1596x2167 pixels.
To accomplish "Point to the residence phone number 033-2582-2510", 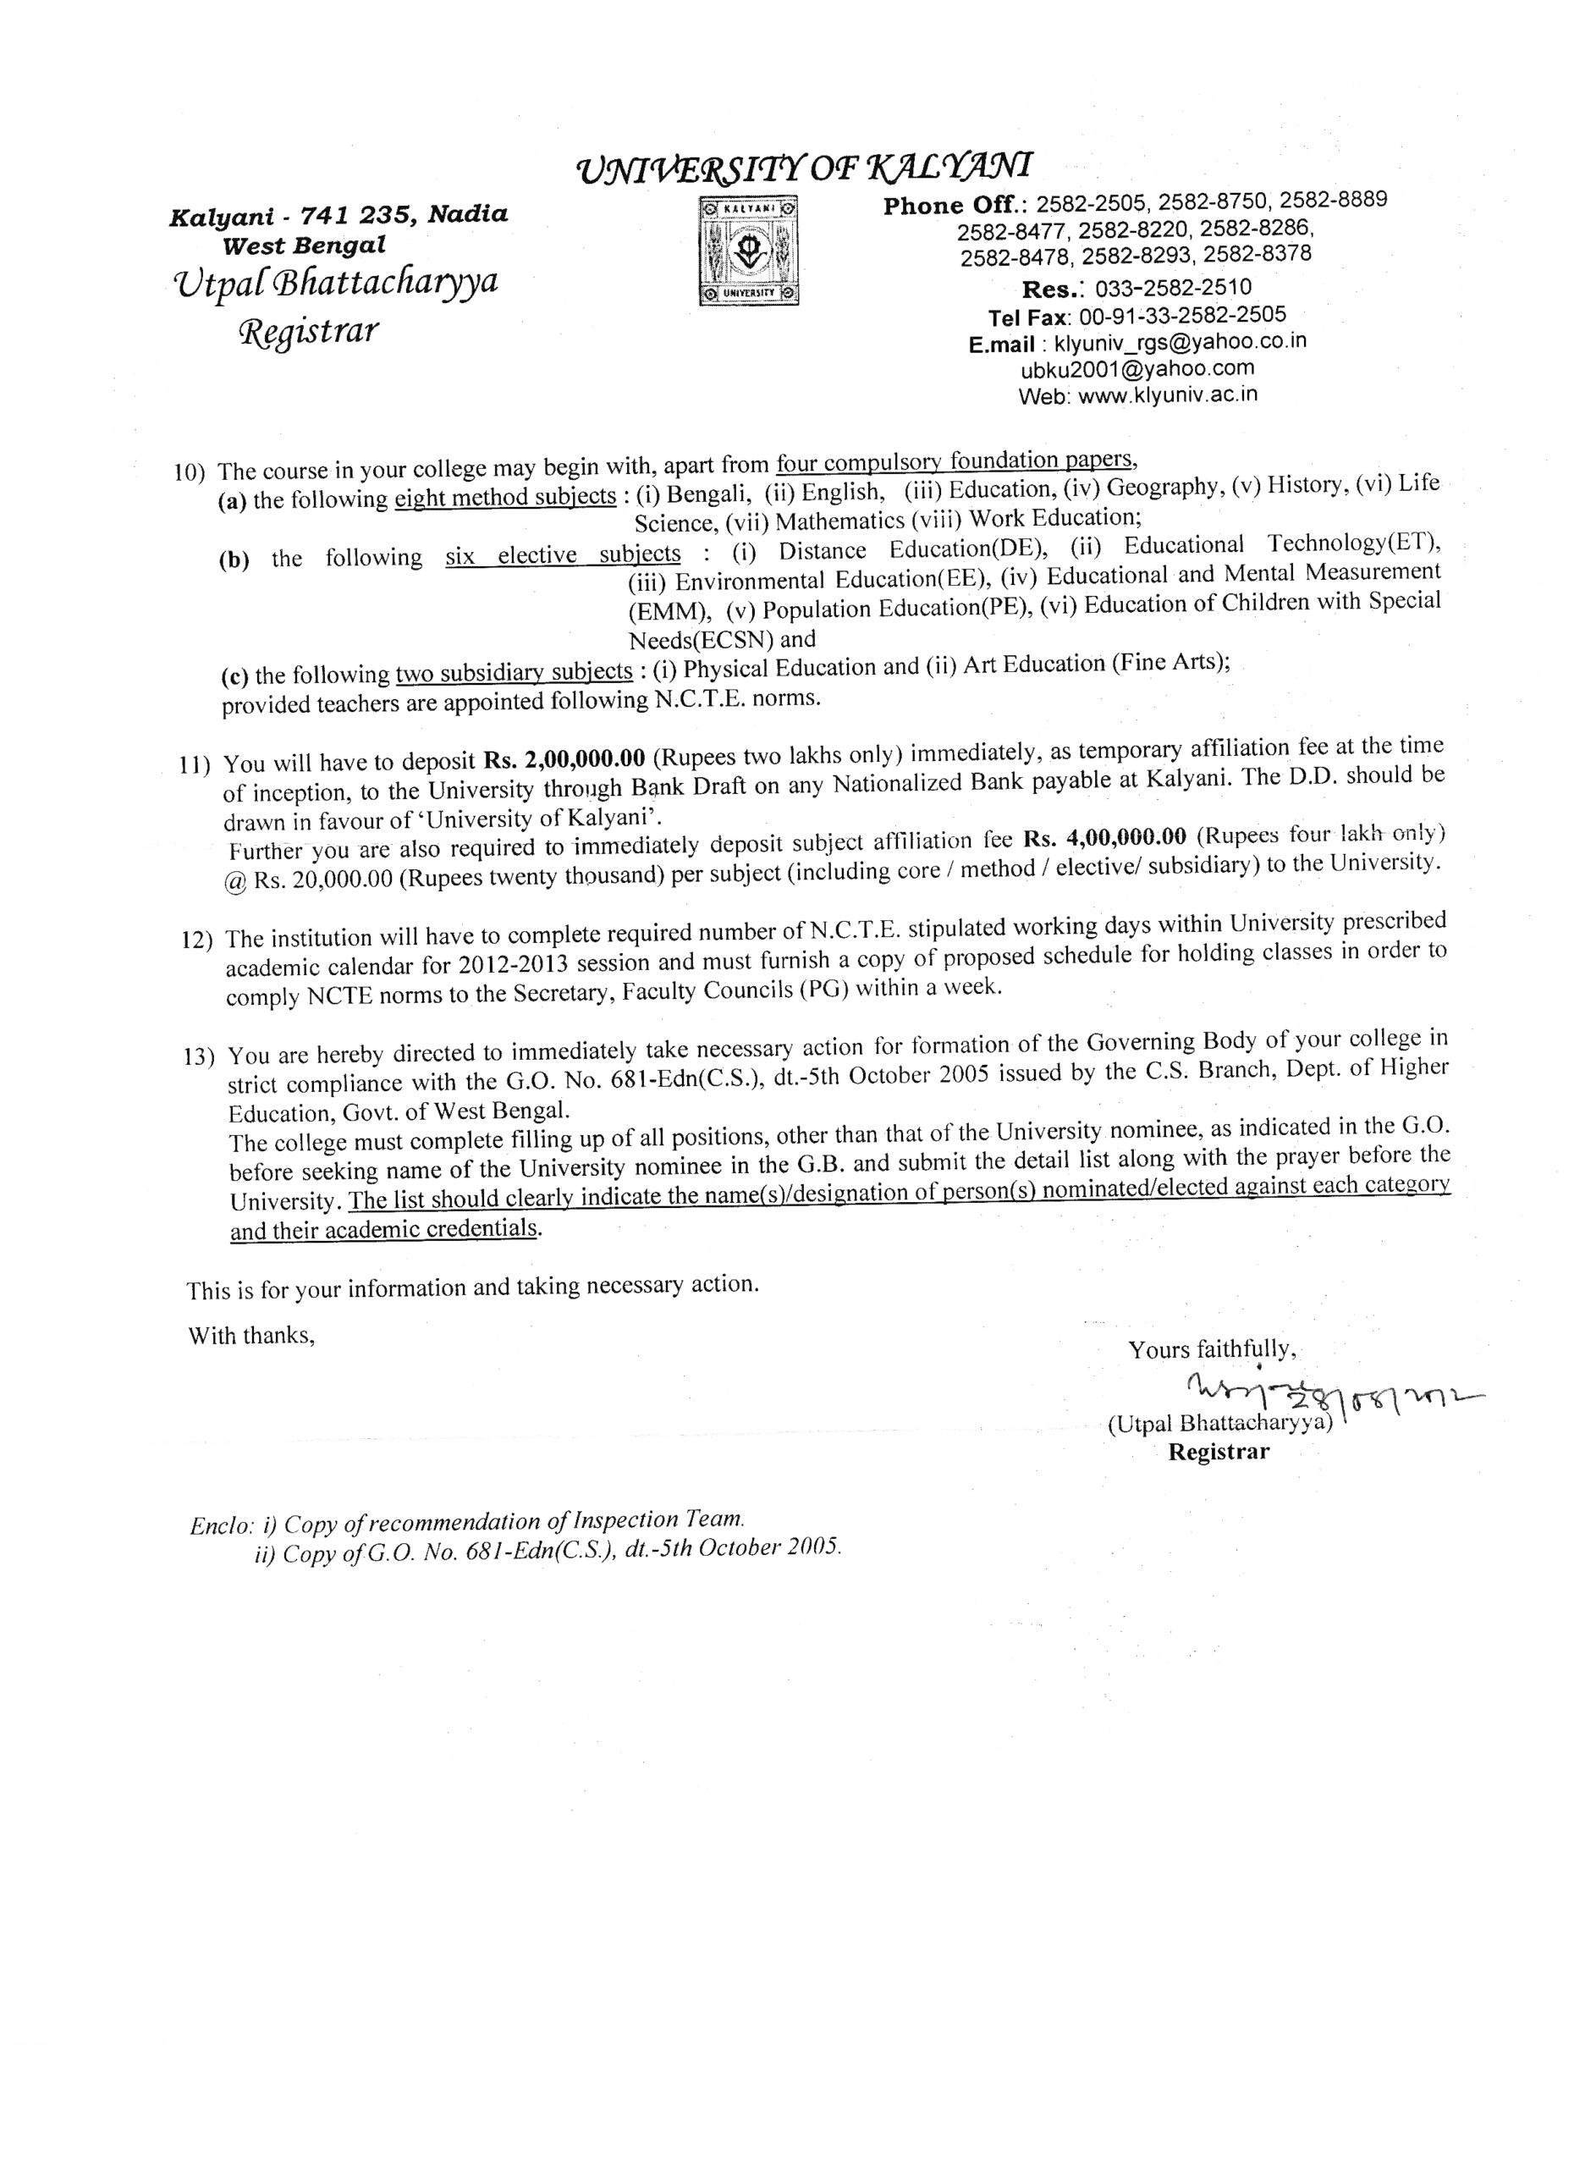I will click(1173, 288).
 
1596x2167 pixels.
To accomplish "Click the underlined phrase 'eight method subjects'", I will click(505, 499).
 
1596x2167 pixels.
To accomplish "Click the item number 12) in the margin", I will click(197, 940).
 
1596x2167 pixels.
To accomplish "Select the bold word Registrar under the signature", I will click(1219, 1451).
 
